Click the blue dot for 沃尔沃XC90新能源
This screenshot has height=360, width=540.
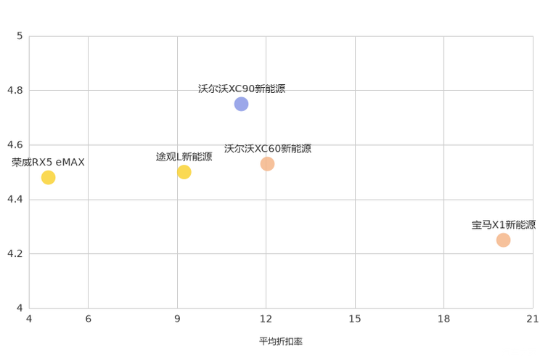click(x=241, y=104)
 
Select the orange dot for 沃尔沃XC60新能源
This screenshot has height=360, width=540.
click(x=267, y=164)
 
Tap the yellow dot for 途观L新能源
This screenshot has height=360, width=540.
click(x=184, y=172)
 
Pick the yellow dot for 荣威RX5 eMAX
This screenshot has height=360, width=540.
click(x=48, y=178)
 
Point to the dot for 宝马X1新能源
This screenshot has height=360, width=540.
click(x=503, y=240)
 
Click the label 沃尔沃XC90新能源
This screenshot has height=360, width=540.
click(x=242, y=89)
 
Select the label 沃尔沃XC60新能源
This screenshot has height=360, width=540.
click(x=268, y=149)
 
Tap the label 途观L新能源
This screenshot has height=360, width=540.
click(x=184, y=157)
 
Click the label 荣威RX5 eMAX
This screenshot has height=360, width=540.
click(x=48, y=163)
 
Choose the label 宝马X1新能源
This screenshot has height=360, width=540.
click(x=504, y=225)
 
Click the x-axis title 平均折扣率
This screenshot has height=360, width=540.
click(x=281, y=341)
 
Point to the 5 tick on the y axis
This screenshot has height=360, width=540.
click(x=20, y=36)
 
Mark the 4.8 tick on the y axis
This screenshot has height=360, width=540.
click(x=15, y=90)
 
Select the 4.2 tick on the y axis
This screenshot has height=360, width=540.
click(x=15, y=253)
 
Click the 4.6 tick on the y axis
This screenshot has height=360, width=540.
click(x=15, y=144)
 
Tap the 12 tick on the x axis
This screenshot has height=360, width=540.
click(x=266, y=319)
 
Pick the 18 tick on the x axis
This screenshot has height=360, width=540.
click(x=443, y=319)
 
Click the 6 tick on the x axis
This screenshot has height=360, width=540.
click(x=88, y=319)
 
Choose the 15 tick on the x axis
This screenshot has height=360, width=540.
click(x=355, y=319)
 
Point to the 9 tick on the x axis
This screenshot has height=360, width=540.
click(x=177, y=319)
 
